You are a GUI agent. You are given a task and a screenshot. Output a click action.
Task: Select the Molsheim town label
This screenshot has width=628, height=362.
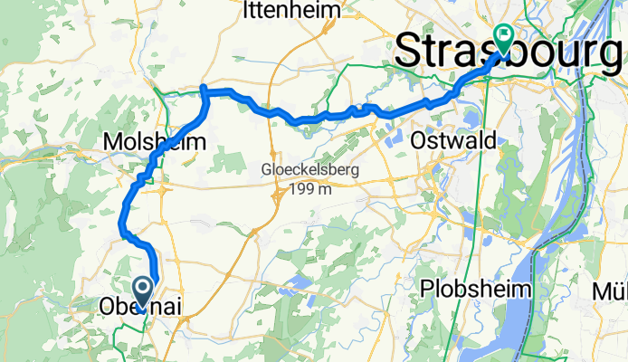(x=155, y=142)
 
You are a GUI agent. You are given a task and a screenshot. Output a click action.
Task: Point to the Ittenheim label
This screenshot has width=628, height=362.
(x=291, y=11)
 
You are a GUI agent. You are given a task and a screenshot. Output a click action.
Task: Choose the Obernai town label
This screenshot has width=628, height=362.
(x=140, y=308)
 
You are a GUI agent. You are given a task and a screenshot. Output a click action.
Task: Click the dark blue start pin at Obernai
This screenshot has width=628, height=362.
(x=143, y=291)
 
